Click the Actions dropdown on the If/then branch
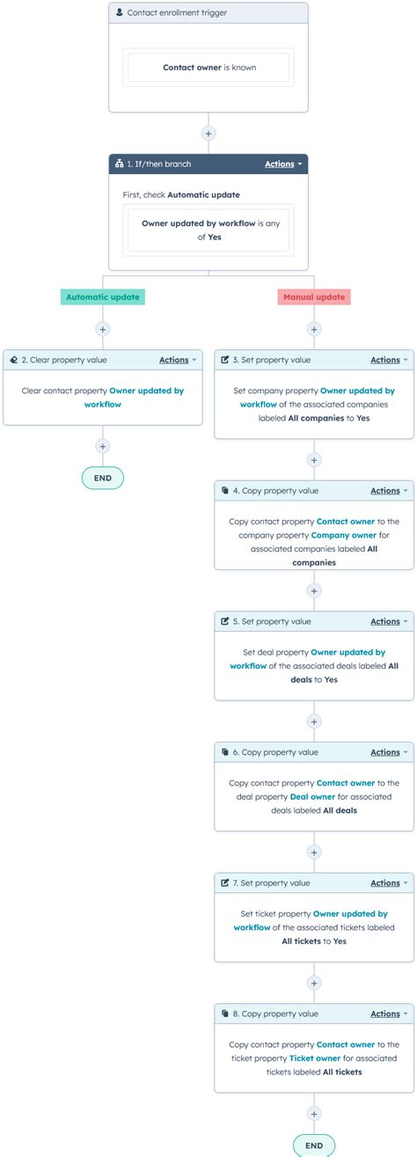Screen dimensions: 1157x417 (283, 165)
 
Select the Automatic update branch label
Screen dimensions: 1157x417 (103, 297)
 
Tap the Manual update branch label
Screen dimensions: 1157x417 (314, 297)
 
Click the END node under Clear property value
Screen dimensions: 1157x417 (103, 478)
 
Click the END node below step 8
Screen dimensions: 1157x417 (314, 1146)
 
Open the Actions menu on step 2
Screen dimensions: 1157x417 (178, 360)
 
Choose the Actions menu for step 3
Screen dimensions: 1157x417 (389, 360)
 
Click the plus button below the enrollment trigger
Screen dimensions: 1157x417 (208, 134)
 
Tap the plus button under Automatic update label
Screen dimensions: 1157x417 (103, 329)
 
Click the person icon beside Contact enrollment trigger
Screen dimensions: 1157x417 (120, 13)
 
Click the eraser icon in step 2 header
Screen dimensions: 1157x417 (14, 360)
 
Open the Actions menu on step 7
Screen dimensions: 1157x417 (389, 882)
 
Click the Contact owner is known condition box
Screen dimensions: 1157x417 (208, 67)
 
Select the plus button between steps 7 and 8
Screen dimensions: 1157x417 (314, 982)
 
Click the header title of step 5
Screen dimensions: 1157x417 (272, 621)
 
